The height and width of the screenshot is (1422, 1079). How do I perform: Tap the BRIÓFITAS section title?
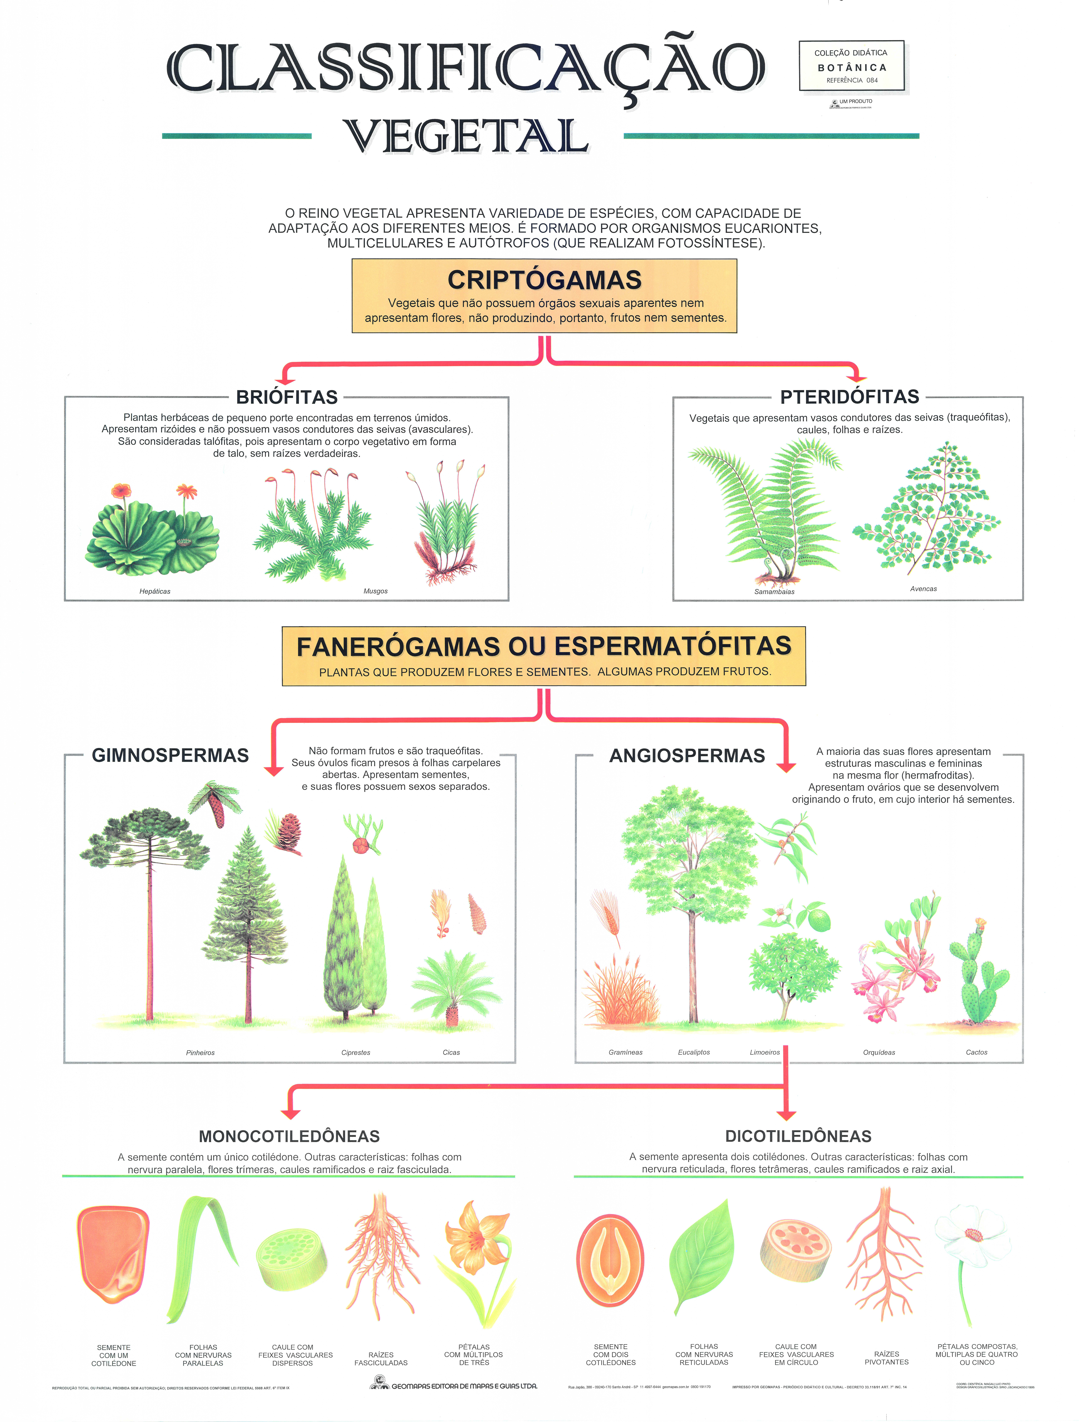click(x=287, y=397)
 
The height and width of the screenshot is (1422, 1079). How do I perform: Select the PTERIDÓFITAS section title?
click(x=849, y=397)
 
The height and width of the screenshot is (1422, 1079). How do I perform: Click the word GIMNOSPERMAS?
click(x=170, y=755)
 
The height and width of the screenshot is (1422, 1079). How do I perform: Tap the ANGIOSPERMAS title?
click(x=687, y=756)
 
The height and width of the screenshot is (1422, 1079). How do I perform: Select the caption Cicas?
click(x=452, y=1052)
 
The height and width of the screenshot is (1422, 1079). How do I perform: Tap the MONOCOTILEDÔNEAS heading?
click(x=289, y=1136)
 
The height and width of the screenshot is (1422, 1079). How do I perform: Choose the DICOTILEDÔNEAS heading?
click(x=798, y=1136)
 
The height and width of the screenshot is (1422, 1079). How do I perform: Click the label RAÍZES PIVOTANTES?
click(x=886, y=1358)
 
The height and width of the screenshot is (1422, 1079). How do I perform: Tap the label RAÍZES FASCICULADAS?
click(x=381, y=1358)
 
